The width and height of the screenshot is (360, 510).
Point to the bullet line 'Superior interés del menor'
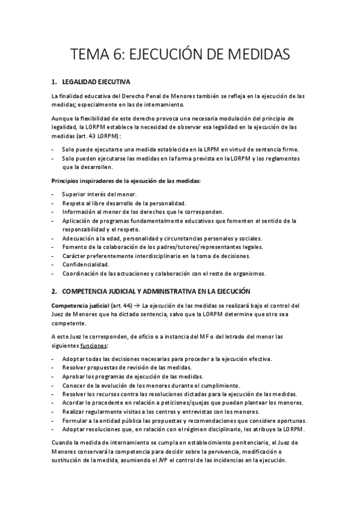99,194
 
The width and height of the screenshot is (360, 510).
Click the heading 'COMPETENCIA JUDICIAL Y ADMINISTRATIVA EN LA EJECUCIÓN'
143,292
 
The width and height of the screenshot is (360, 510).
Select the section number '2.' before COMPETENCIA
54,292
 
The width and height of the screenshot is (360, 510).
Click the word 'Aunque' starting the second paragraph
62,118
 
